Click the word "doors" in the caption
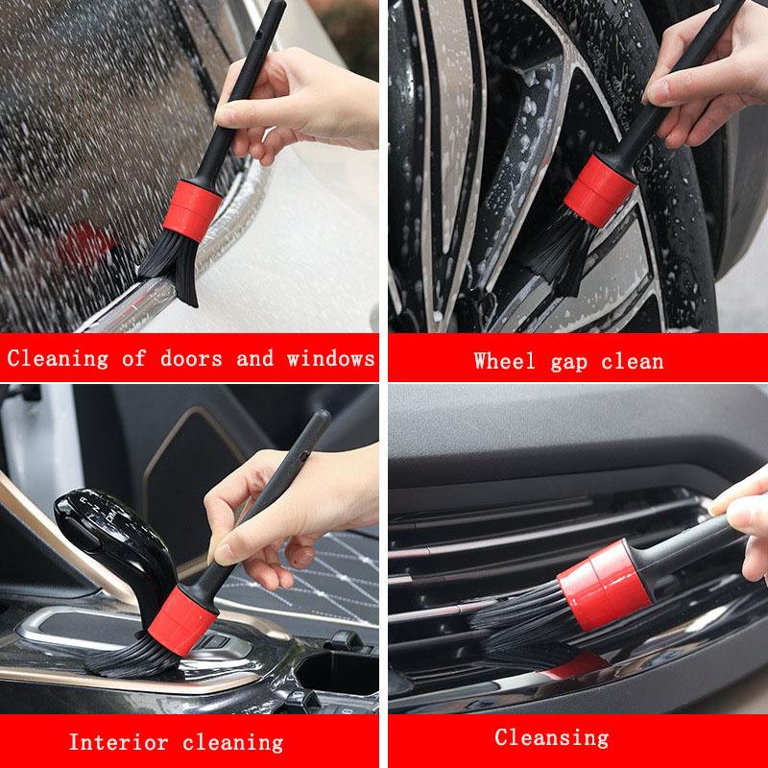(193, 358)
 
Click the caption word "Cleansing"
(551, 737)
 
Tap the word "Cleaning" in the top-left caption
(58, 358)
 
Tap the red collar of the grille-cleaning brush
(605, 579)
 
